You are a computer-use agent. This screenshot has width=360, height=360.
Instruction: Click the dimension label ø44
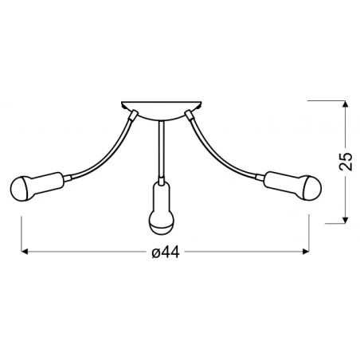(164, 252)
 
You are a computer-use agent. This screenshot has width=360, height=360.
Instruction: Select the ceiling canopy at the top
(163, 106)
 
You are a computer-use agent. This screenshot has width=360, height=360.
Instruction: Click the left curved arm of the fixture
(104, 151)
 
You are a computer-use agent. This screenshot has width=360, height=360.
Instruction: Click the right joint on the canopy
(189, 114)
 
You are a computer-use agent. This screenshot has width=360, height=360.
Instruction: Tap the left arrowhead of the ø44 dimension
(24, 252)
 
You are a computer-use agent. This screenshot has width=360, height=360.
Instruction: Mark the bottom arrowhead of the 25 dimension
(344, 219)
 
